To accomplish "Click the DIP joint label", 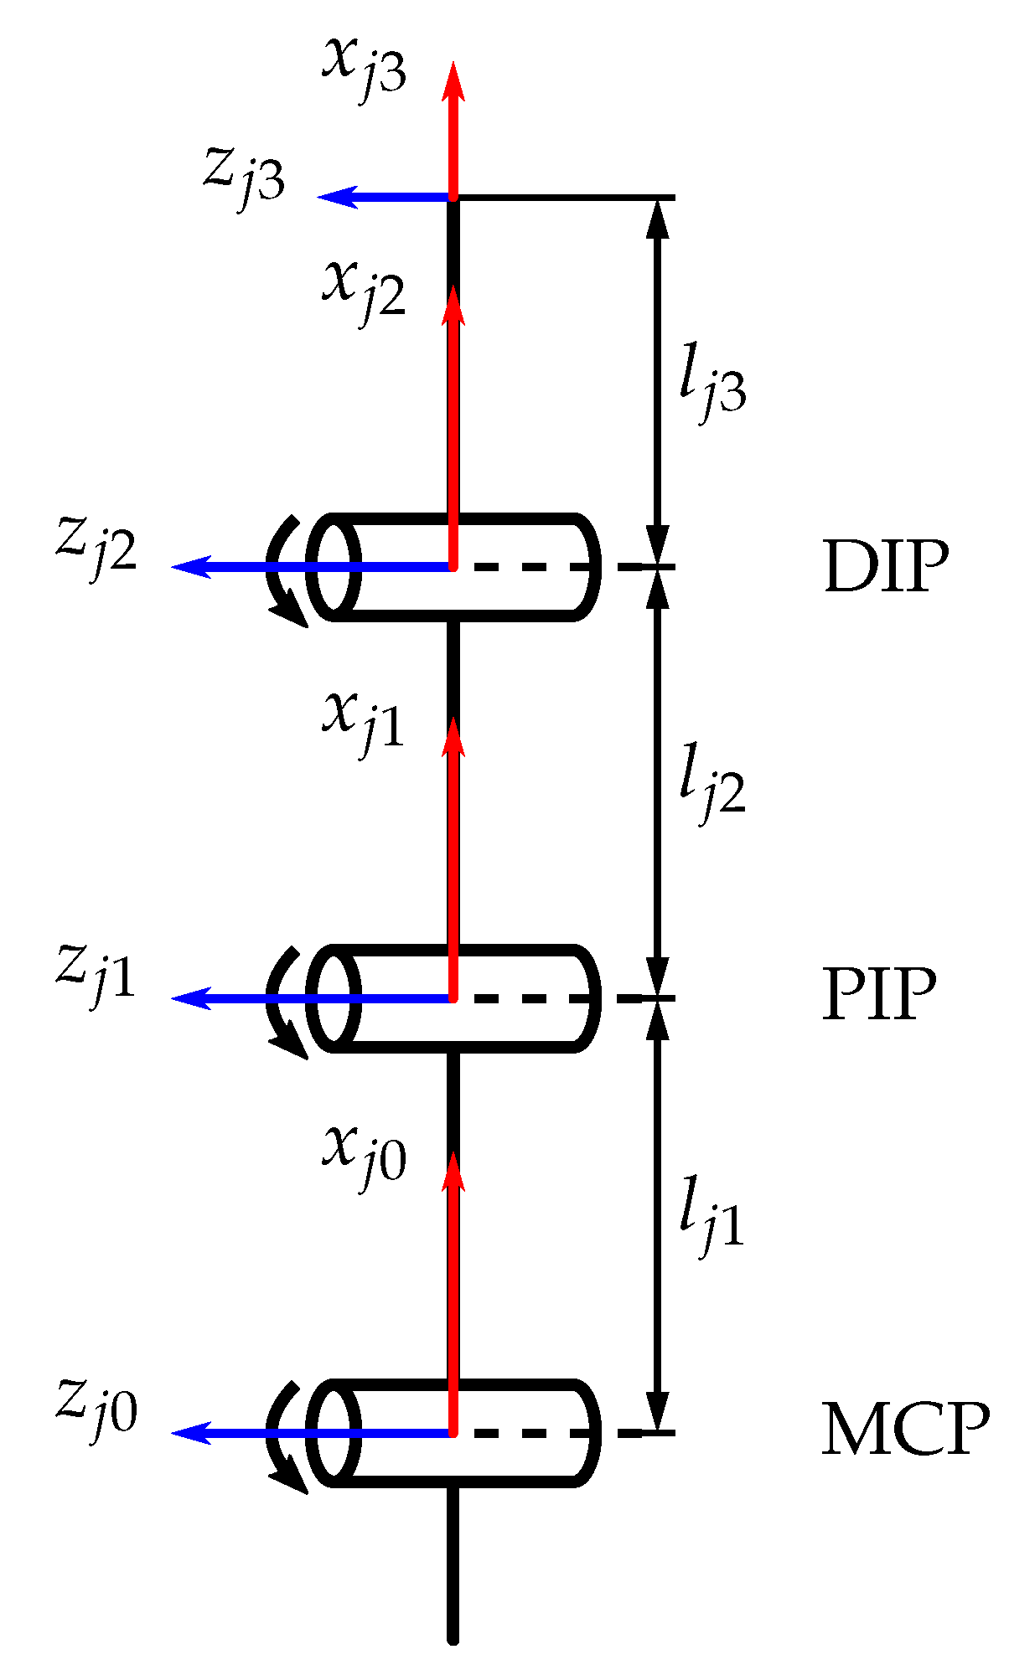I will coord(886,568).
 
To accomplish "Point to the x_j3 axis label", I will coord(365,71).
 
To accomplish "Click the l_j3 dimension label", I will coord(711,389).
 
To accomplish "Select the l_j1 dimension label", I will coord(711,1223).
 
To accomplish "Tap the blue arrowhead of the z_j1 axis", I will coord(189,998).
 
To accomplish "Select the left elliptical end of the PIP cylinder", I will coord(334,998).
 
